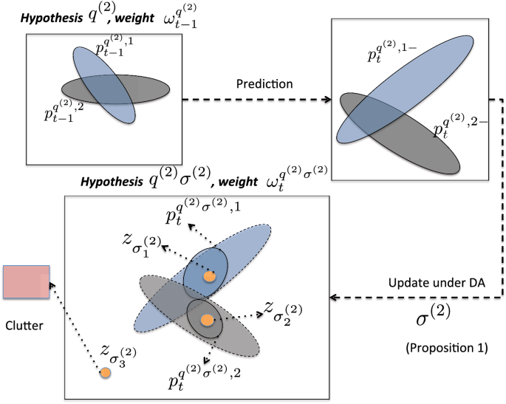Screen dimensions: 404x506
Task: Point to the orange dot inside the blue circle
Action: [210, 277]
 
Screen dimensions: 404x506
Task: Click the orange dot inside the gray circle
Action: [208, 320]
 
